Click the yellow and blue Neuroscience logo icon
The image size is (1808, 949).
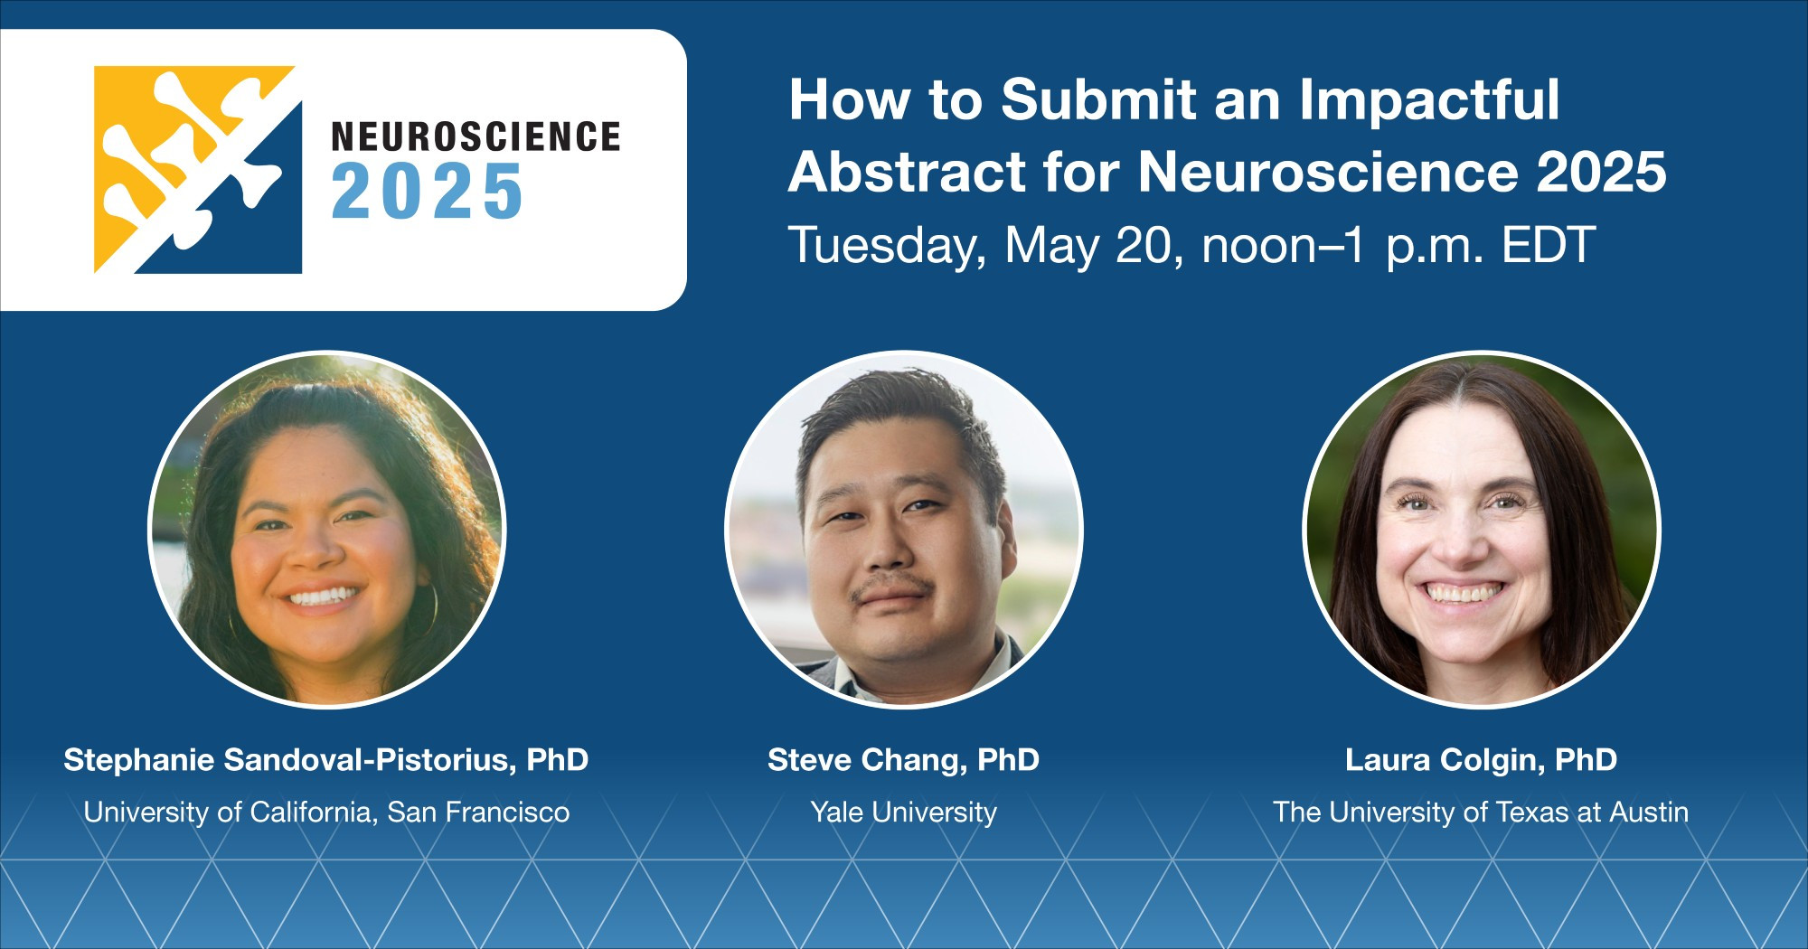(198, 170)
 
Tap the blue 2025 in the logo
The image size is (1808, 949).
(428, 192)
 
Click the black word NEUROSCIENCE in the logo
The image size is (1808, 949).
(476, 136)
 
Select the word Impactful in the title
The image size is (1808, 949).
(1429, 101)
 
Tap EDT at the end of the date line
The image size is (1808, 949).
(1549, 245)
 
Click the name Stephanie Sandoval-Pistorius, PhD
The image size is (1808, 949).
(326, 760)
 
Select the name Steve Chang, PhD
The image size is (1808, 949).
(904, 760)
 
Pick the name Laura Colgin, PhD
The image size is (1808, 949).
(1481, 760)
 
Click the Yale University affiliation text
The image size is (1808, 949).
(904, 813)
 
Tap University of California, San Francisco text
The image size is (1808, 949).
(326, 813)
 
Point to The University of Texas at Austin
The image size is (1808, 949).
(1481, 813)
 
